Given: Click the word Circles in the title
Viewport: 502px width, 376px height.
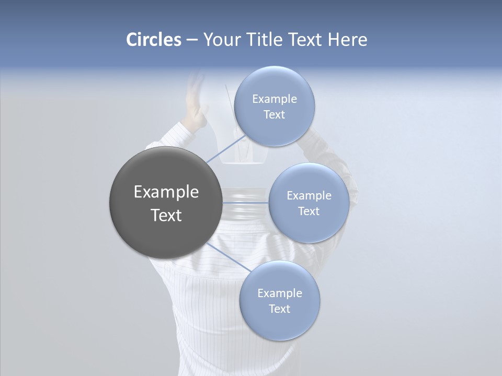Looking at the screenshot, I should (154, 40).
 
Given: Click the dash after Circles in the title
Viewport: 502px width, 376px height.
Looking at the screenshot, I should (192, 40).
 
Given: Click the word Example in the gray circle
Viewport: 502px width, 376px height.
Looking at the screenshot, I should (166, 192).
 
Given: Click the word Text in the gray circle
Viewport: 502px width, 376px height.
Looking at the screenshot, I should (166, 215).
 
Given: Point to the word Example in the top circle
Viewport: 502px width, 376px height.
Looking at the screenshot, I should (274, 99).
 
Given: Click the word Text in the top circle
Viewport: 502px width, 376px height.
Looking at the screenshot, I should (274, 114).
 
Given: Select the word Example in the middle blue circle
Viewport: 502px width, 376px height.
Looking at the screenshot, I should (309, 195).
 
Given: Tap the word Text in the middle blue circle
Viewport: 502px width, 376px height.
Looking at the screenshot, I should (309, 211).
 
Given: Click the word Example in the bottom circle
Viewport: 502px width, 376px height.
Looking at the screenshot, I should (279, 293).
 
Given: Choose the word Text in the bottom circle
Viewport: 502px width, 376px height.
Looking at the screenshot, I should (279, 309).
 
